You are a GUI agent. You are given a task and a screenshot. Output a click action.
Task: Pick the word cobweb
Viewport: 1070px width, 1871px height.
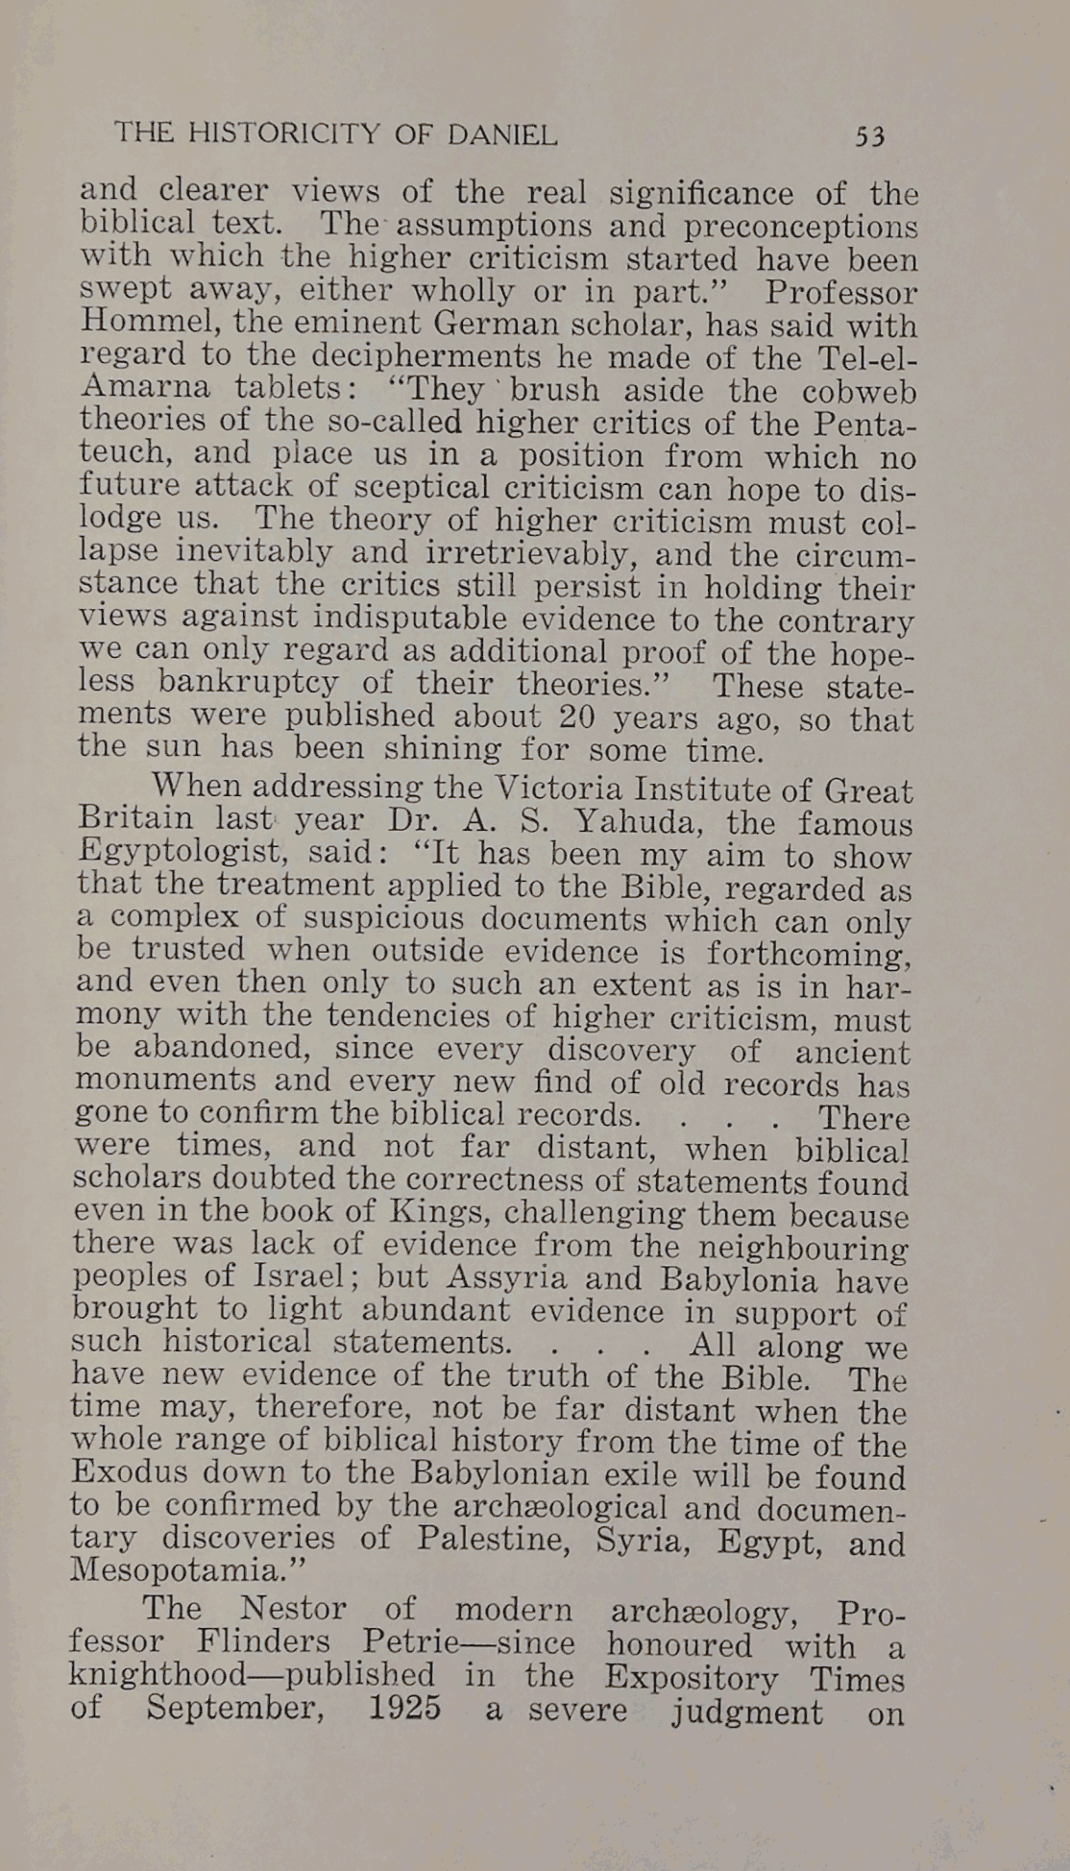click(x=859, y=392)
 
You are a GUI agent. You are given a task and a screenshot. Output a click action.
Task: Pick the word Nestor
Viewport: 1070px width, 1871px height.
click(x=292, y=1608)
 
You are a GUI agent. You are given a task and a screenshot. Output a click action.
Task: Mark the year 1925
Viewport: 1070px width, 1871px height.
click(x=404, y=1708)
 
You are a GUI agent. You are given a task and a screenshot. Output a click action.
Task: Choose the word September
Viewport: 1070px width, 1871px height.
click(x=234, y=1709)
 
